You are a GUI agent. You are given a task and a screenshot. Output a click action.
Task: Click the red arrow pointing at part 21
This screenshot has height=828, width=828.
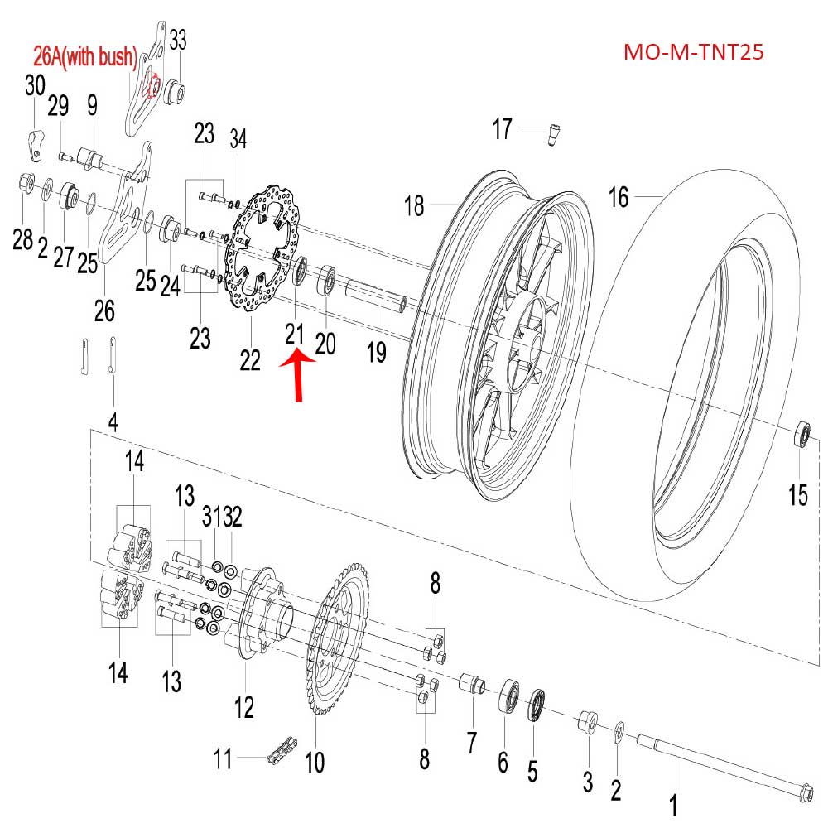299,374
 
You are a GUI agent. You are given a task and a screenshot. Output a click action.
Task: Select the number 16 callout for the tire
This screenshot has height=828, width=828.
619,197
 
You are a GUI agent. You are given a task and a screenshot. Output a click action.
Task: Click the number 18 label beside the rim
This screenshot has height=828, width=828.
415,205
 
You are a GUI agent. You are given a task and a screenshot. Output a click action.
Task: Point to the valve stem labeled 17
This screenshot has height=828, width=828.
552,132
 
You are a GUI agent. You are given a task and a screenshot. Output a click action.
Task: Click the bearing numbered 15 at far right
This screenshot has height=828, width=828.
802,434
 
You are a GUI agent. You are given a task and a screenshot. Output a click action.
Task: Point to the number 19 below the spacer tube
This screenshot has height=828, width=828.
377,353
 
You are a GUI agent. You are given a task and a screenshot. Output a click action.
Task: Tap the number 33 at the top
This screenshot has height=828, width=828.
178,39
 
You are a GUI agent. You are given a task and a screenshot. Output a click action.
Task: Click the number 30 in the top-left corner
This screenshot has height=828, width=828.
35,85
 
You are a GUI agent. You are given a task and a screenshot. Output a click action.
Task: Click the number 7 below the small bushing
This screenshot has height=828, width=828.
471,743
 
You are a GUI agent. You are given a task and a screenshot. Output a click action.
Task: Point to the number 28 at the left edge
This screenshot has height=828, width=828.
22,241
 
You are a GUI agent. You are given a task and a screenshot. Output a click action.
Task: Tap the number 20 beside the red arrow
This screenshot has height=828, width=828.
325,342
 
